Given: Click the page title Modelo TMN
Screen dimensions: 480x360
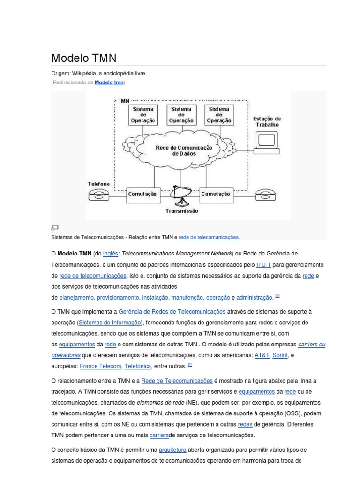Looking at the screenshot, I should pyautogui.click(x=83, y=58).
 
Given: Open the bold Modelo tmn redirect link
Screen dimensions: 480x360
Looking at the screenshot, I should pyautogui.click(x=109, y=82).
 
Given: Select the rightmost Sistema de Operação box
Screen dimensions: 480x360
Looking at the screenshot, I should pyautogui.click(x=218, y=114).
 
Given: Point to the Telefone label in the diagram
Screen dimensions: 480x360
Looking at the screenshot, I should pyautogui.click(x=99, y=184).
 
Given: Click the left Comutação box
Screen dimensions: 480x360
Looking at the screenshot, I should pyautogui.click(x=142, y=194).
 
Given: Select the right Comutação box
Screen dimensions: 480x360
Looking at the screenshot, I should pyautogui.click(x=215, y=194).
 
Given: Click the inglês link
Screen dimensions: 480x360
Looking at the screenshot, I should pyautogui.click(x=111, y=254).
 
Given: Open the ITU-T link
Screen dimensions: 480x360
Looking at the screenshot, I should pyautogui.click(x=263, y=265).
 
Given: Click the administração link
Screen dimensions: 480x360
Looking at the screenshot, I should pyautogui.click(x=254, y=298).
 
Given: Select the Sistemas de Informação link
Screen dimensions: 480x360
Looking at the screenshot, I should pyautogui.click(x=110, y=322).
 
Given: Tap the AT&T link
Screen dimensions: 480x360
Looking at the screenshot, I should pyautogui.click(x=262, y=355).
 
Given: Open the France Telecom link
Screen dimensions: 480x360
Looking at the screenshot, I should pyautogui.click(x=100, y=366).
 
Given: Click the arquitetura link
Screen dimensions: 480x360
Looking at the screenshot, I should pyautogui.click(x=172, y=450).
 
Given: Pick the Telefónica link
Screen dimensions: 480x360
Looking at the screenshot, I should pyautogui.click(x=138, y=366).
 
